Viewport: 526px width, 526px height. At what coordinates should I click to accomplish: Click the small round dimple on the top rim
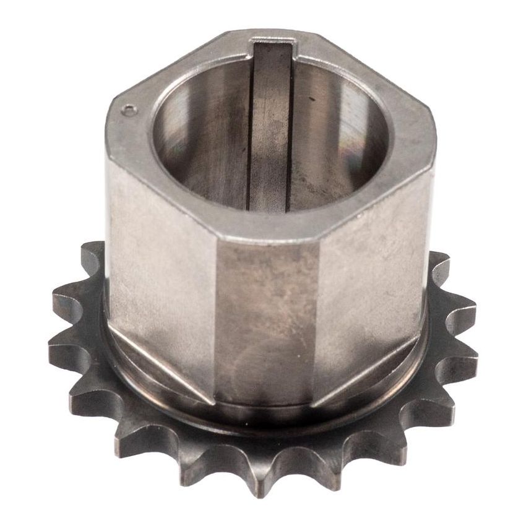click(129, 111)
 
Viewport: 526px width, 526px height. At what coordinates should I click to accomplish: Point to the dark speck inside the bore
click(311, 98)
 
